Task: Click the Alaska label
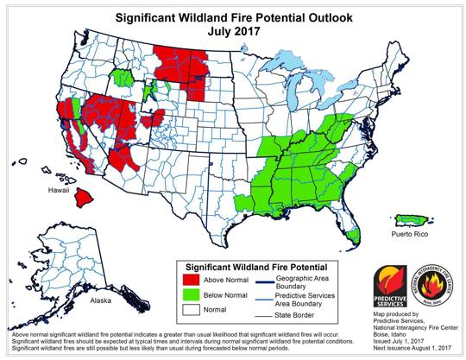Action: (x=89, y=303)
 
